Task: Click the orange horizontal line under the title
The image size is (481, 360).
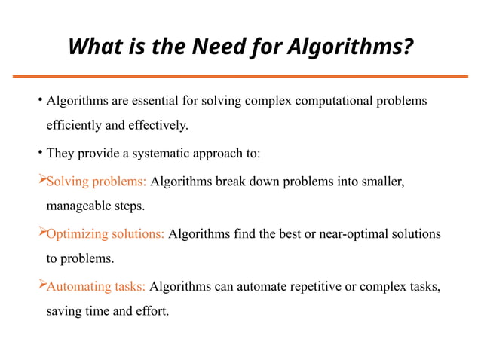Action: pos(240,76)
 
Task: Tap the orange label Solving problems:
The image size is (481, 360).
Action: pos(97,182)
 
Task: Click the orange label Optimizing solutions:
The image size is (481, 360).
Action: pos(106,234)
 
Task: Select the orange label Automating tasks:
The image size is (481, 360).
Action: pos(97,287)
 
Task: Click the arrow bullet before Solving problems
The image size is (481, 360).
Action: pos(41,181)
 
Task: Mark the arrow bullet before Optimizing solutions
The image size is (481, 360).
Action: pos(41,233)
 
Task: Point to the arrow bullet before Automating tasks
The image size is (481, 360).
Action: pos(41,286)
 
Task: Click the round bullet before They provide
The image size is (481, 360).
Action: pos(39,154)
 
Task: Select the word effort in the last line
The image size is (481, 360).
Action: pos(152,310)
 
